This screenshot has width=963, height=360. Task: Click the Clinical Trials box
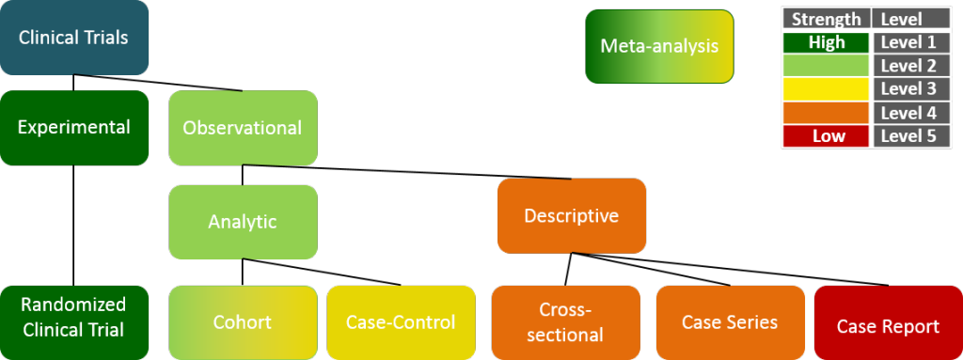click(73, 38)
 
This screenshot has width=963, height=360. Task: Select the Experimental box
click(74, 128)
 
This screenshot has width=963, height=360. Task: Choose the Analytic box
click(243, 222)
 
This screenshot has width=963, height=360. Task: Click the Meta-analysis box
click(659, 46)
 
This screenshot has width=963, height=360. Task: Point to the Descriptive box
click(572, 216)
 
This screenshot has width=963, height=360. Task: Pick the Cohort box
click(243, 322)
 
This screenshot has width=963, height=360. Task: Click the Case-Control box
click(401, 322)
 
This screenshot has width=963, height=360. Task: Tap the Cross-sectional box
click(565, 322)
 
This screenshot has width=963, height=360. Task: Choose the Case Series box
click(730, 322)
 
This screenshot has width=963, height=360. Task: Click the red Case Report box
click(888, 326)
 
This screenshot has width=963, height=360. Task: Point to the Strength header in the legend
click(826, 19)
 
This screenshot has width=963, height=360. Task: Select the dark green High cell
click(826, 42)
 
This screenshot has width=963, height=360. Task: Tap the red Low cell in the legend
click(826, 136)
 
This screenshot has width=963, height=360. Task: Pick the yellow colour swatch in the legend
click(826, 89)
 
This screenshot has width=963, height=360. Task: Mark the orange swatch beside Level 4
click(826, 113)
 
